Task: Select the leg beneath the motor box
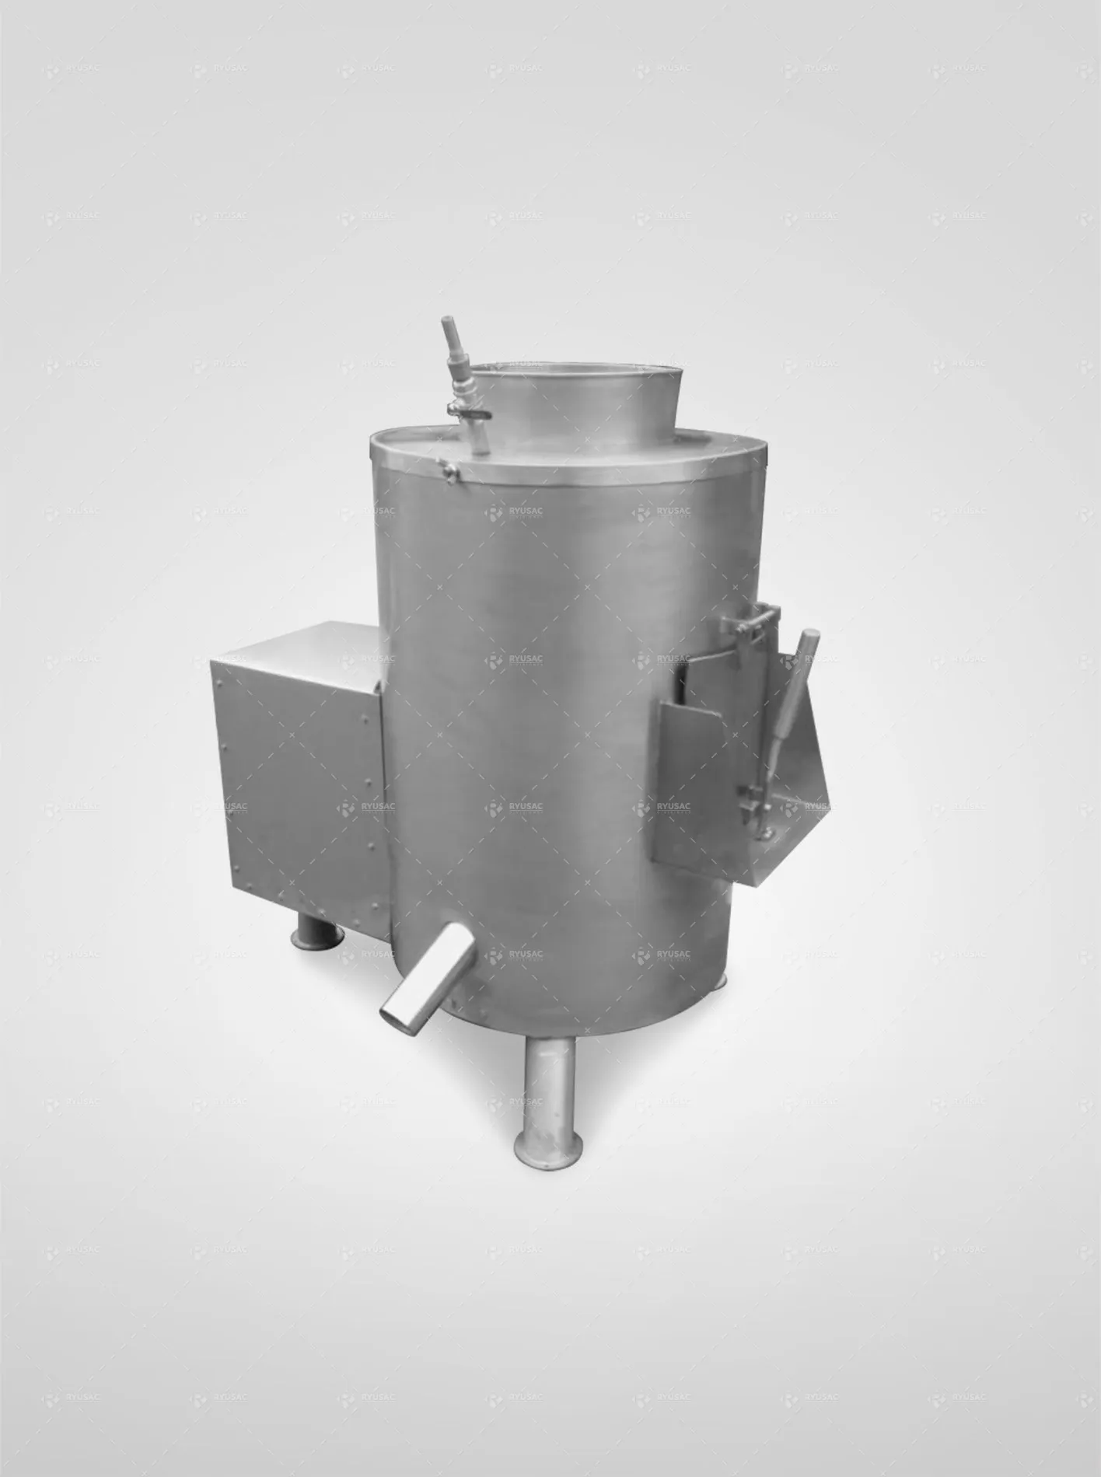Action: tap(316, 933)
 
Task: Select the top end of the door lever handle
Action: tap(810, 637)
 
